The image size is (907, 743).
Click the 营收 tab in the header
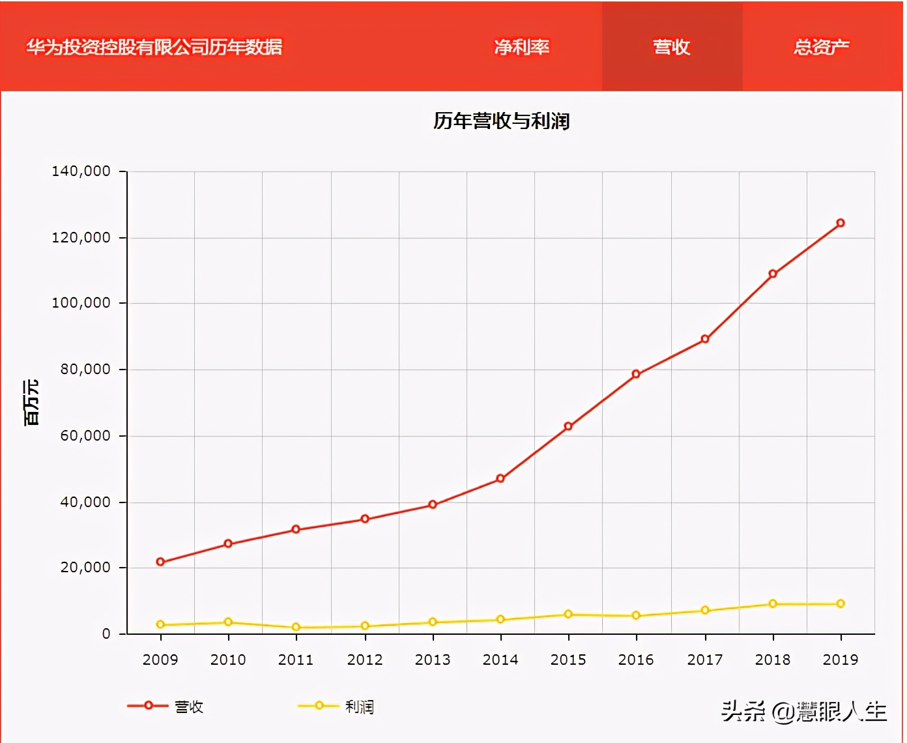[x=671, y=47]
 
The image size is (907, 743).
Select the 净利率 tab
[x=521, y=47]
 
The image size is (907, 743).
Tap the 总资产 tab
[x=821, y=47]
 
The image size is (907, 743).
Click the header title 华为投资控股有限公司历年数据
[x=154, y=47]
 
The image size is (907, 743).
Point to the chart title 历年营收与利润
[x=501, y=121]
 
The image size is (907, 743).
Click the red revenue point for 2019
[x=841, y=223]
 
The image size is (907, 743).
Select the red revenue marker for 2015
[x=568, y=426]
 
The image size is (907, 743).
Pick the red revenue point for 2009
[x=160, y=562]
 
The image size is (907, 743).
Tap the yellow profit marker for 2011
[x=296, y=627]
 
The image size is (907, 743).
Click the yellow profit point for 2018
[x=773, y=604]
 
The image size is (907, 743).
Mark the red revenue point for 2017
[x=705, y=339]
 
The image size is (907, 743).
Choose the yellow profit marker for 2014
[x=500, y=619]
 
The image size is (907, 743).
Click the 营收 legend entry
[x=166, y=707]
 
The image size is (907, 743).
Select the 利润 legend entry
[x=336, y=707]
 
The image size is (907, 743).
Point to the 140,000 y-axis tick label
[x=81, y=171]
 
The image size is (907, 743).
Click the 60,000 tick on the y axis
[x=85, y=435]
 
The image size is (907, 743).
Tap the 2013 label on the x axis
[x=433, y=660]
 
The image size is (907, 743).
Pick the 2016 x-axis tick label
[x=636, y=660]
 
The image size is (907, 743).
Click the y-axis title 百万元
[x=31, y=402]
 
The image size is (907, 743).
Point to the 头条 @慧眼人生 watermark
[x=804, y=711]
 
